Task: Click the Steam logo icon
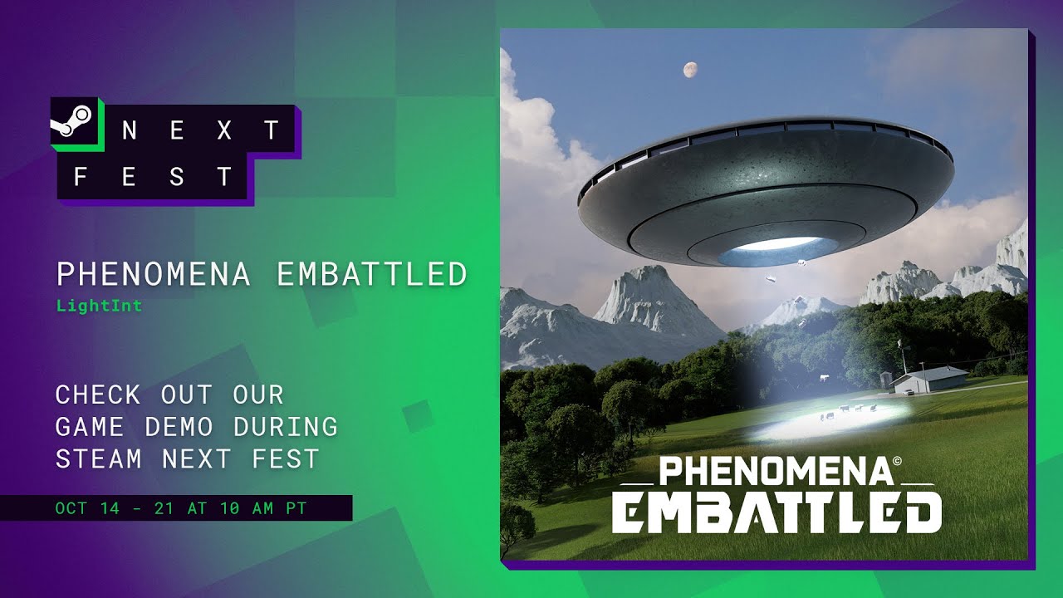(x=75, y=124)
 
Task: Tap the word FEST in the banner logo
(x=153, y=176)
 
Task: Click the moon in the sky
(x=688, y=70)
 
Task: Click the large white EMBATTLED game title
(x=776, y=513)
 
